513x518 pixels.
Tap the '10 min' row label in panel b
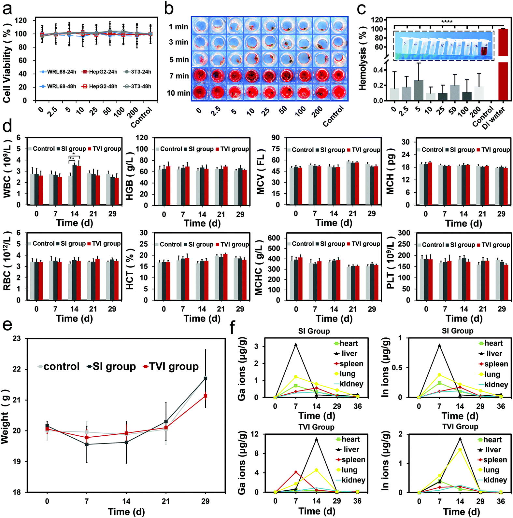click(178, 93)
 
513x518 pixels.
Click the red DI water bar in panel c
click(503, 65)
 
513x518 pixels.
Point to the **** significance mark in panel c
click(447, 22)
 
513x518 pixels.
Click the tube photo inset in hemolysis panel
click(444, 46)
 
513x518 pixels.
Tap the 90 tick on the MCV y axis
click(276, 138)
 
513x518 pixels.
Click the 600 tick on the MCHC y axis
click(274, 238)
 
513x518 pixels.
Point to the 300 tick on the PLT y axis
click(404, 233)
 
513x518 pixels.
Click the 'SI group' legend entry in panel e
click(111, 367)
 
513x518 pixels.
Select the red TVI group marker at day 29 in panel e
click(205, 396)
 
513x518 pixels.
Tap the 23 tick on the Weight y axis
click(17, 339)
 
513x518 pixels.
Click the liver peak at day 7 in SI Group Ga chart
click(296, 345)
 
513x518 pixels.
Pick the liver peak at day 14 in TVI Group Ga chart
click(316, 440)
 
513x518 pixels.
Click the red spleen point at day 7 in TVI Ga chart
click(296, 472)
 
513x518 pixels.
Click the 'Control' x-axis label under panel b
click(333, 116)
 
